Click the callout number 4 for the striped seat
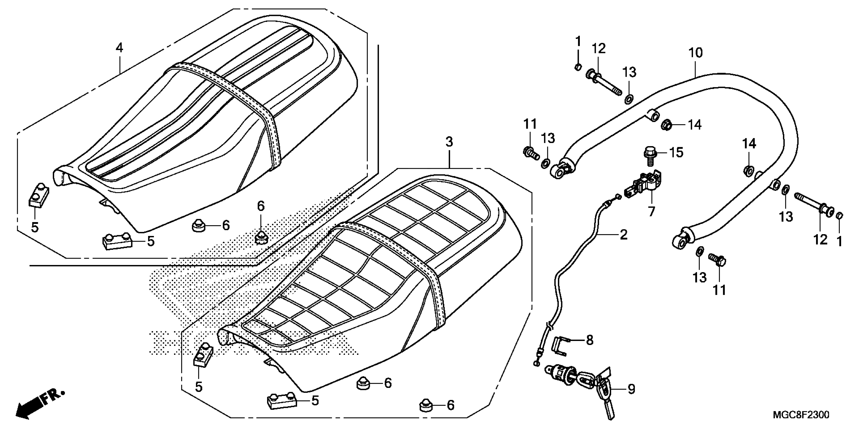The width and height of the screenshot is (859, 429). [119, 48]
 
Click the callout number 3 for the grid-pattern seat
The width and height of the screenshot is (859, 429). [449, 142]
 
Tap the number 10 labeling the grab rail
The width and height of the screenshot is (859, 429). [696, 53]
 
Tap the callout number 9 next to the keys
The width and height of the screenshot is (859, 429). [631, 389]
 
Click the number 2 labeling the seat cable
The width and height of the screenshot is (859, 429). [623, 235]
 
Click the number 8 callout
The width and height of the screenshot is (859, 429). [590, 340]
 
